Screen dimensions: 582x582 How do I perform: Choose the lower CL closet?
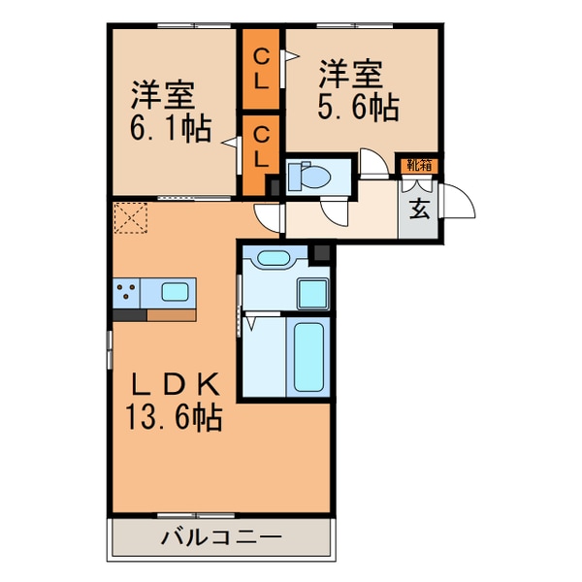(x=260, y=144)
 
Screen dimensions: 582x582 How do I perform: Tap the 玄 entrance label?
(x=419, y=209)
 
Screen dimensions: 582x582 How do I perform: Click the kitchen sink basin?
(x=176, y=291)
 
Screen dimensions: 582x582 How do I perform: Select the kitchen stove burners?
(x=126, y=291)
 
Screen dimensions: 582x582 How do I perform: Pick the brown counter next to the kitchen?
(x=171, y=313)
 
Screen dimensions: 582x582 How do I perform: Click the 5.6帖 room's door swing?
(x=372, y=162)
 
